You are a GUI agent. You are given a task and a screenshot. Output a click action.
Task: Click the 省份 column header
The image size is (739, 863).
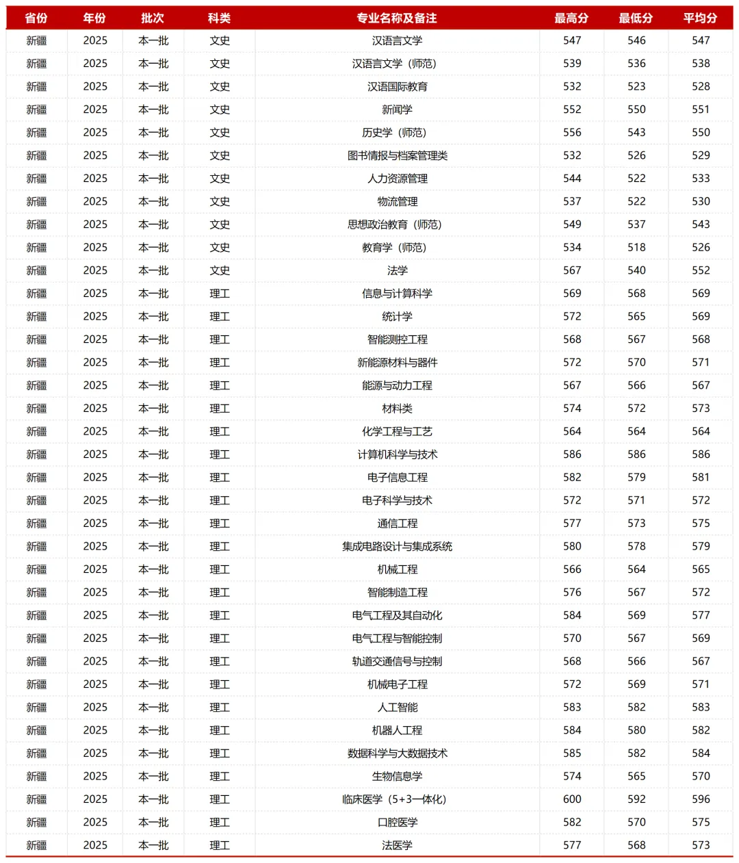coord(36,18)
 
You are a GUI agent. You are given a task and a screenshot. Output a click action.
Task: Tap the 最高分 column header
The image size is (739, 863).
coord(571,18)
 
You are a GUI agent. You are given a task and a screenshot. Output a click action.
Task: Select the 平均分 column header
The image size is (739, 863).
coord(700,18)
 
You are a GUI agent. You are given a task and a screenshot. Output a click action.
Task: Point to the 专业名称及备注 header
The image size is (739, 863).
coord(397,18)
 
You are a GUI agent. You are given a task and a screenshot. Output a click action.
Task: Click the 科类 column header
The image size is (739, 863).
coord(220,18)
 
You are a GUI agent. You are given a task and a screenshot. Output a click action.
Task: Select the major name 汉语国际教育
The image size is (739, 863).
coord(397,87)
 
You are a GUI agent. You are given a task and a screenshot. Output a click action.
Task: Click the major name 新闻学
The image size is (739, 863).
coord(397,110)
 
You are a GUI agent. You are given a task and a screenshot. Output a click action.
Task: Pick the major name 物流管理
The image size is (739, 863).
coord(397,202)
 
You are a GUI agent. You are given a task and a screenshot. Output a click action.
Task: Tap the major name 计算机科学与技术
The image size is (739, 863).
coord(397,454)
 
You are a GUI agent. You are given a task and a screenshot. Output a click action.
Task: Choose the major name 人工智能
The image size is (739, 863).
coord(397,708)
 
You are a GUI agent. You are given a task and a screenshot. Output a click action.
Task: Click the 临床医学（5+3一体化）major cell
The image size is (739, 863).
coord(397,799)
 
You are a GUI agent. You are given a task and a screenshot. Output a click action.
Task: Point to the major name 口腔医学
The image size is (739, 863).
coord(397,823)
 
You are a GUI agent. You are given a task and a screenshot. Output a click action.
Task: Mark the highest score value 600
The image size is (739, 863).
coord(572,799)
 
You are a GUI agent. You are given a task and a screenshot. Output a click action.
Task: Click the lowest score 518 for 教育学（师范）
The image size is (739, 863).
coord(636,248)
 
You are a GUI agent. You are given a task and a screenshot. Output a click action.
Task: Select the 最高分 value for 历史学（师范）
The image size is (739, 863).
coord(572,133)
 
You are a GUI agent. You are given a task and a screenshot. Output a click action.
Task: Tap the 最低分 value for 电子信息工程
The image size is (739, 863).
coord(636,478)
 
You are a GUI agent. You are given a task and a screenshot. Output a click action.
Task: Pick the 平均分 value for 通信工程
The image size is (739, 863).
coord(701,524)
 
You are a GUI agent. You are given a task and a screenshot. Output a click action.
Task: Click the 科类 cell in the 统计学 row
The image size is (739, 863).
coord(220,317)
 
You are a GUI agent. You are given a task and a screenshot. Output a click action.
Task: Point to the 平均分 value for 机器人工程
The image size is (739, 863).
coord(701,730)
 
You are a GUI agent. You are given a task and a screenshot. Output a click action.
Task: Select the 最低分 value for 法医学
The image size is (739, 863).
coord(636,845)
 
